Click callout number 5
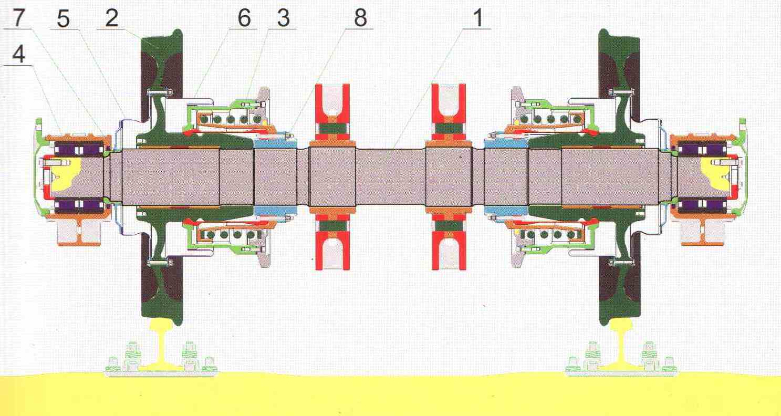coord(63,18)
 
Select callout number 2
coord(111,18)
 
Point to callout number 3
coord(284,18)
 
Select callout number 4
coord(19,55)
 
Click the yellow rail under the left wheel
coord(161,345)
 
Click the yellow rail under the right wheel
coord(622,345)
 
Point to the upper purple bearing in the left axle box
coord(79,149)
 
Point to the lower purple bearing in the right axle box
coord(701,206)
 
